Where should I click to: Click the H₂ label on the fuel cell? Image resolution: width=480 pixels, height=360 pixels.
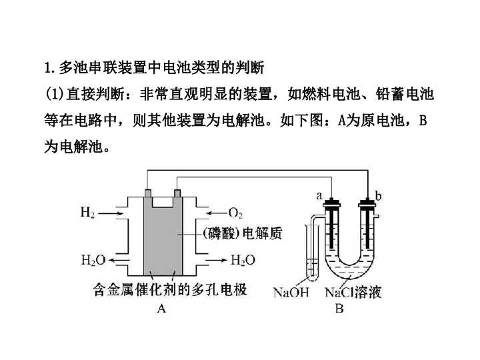point(87,213)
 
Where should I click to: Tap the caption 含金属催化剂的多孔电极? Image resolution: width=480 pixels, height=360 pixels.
point(169,290)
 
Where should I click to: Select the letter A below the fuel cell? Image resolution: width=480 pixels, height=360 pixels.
point(161,308)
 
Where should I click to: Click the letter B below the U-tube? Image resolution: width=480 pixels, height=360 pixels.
point(340,308)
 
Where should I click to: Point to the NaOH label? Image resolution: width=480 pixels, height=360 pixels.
point(291,292)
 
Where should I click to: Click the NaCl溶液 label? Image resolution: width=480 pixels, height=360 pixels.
point(353,292)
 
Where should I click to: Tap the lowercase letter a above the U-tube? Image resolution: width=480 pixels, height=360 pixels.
point(319,196)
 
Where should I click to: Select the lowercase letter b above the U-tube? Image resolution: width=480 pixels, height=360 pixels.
point(379,196)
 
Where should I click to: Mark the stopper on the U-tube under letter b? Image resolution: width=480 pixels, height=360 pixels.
point(367,203)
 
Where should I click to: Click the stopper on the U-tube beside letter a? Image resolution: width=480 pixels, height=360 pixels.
point(331,203)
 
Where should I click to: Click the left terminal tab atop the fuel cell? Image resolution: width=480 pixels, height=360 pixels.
point(147,193)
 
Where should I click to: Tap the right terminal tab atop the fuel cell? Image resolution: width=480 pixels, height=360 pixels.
point(177,193)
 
